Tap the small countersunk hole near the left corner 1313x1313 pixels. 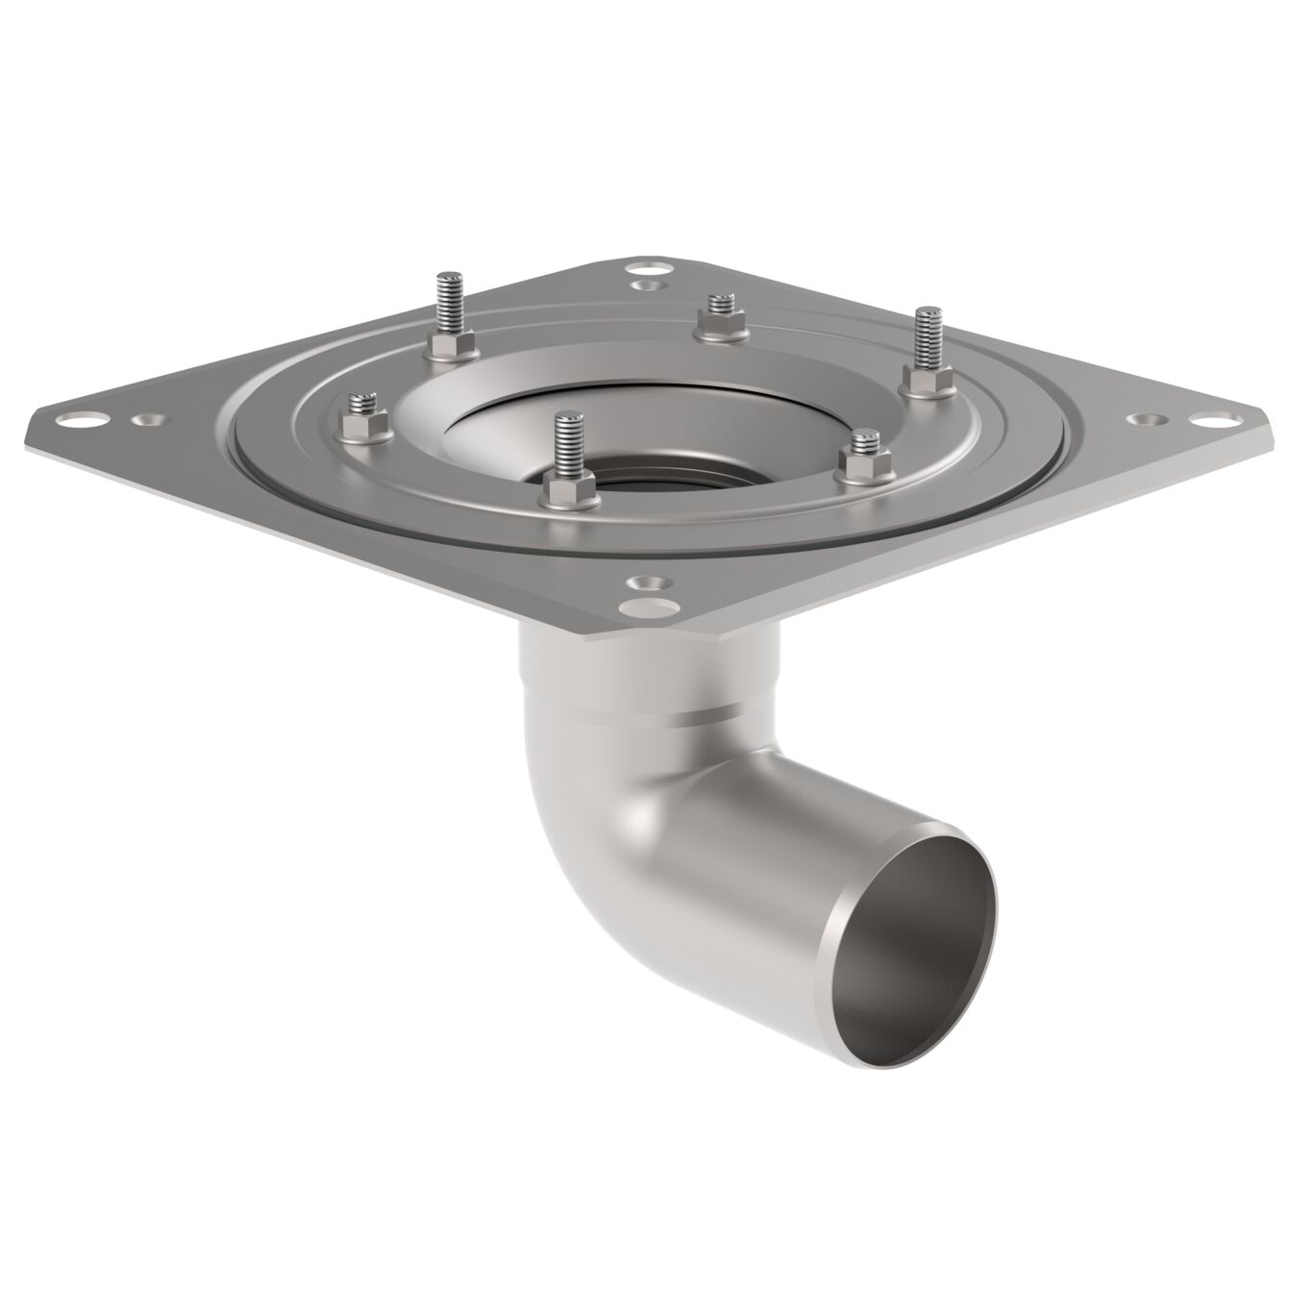(146, 421)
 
